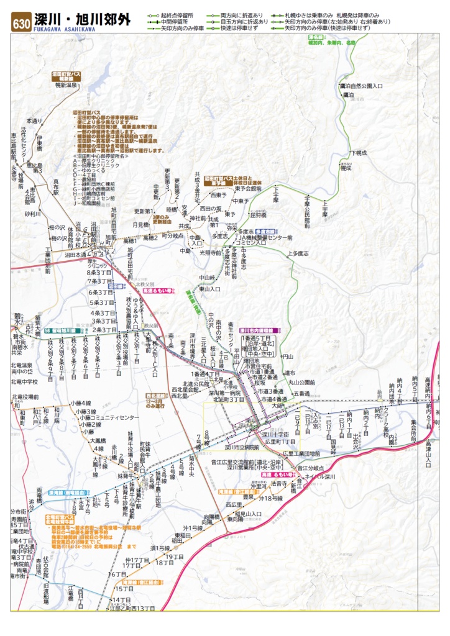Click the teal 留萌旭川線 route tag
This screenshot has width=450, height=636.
(x=59, y=331)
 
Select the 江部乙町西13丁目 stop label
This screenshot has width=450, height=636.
(x=129, y=609)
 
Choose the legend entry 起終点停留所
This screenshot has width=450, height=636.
(x=177, y=14)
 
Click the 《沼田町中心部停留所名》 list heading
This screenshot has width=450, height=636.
(x=100, y=156)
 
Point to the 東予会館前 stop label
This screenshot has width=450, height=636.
(x=248, y=188)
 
